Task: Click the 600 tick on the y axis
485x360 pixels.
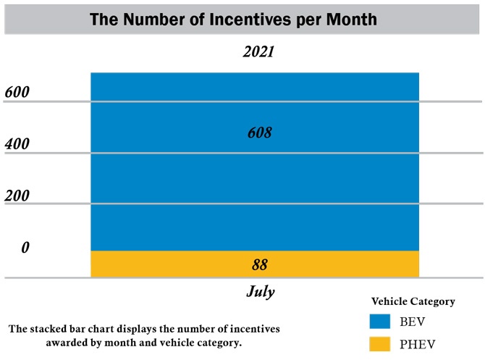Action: [x=17, y=93]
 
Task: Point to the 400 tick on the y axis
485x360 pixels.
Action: [x=17, y=144]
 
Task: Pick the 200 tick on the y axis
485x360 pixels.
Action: [x=17, y=196]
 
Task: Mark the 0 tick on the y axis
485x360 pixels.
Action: [x=25, y=248]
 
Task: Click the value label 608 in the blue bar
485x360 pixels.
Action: [x=258, y=133]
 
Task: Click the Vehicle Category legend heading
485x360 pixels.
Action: [x=413, y=301]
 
